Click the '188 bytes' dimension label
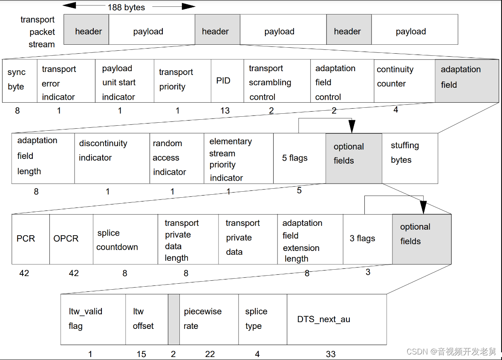point(126,7)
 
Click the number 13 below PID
point(225,111)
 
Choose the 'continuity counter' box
point(404,81)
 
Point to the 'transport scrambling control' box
point(277,81)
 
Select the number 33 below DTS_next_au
point(331,354)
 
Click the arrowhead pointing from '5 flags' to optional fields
point(352,127)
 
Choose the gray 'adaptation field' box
point(467,81)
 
